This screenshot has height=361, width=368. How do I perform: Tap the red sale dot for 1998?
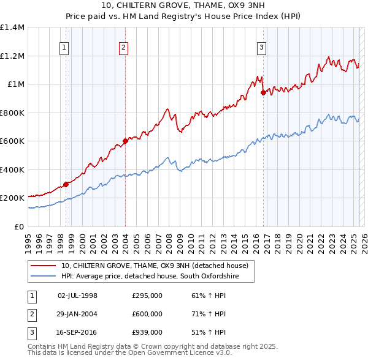tap(66, 184)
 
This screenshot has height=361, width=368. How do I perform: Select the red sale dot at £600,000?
tap(125, 141)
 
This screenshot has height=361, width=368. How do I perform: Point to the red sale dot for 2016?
tap(263, 92)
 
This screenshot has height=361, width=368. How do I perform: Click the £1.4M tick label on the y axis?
tap(12, 28)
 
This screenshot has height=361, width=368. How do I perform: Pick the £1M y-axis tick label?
tap(15, 84)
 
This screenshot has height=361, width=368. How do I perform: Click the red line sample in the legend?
tap(43, 266)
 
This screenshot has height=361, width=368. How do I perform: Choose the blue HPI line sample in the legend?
tap(43, 277)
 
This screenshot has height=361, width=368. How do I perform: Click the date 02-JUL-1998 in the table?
tap(77, 296)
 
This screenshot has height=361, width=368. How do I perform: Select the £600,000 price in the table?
tap(147, 314)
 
